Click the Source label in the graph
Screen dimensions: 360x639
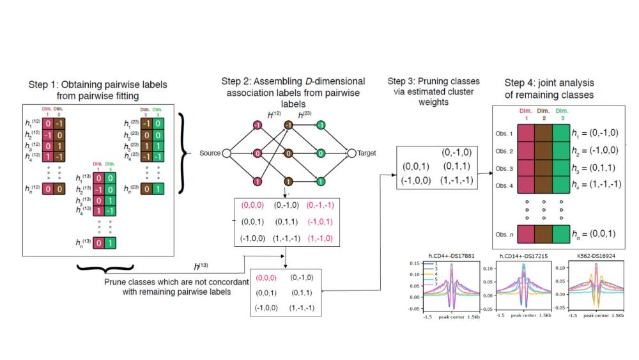coord(210,153)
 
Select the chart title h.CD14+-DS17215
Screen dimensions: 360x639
coord(522,258)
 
